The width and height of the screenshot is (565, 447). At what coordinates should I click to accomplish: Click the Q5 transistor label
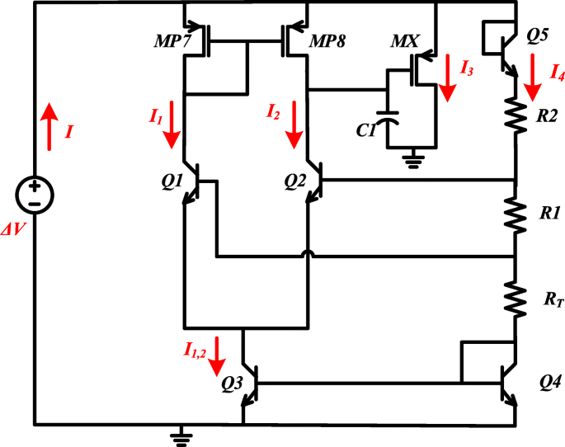[x=538, y=36]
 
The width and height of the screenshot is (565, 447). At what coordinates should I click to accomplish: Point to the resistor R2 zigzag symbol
[x=517, y=116]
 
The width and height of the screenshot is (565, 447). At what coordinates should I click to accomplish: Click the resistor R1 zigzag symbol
[x=517, y=214]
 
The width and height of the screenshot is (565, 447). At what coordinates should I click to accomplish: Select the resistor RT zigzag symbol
[x=517, y=300]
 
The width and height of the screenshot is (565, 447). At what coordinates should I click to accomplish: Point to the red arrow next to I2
[x=294, y=124]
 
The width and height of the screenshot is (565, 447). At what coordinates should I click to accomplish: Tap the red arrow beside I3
[x=446, y=78]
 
